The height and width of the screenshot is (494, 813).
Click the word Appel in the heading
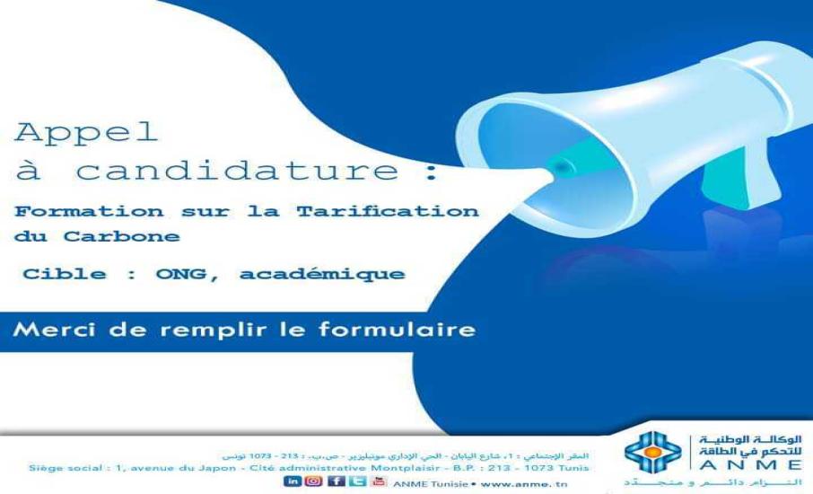click(86, 133)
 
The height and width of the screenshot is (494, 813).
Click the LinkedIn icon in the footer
click(293, 481)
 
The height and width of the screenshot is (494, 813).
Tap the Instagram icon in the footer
click(313, 481)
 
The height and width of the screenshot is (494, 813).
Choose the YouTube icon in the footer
click(379, 481)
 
